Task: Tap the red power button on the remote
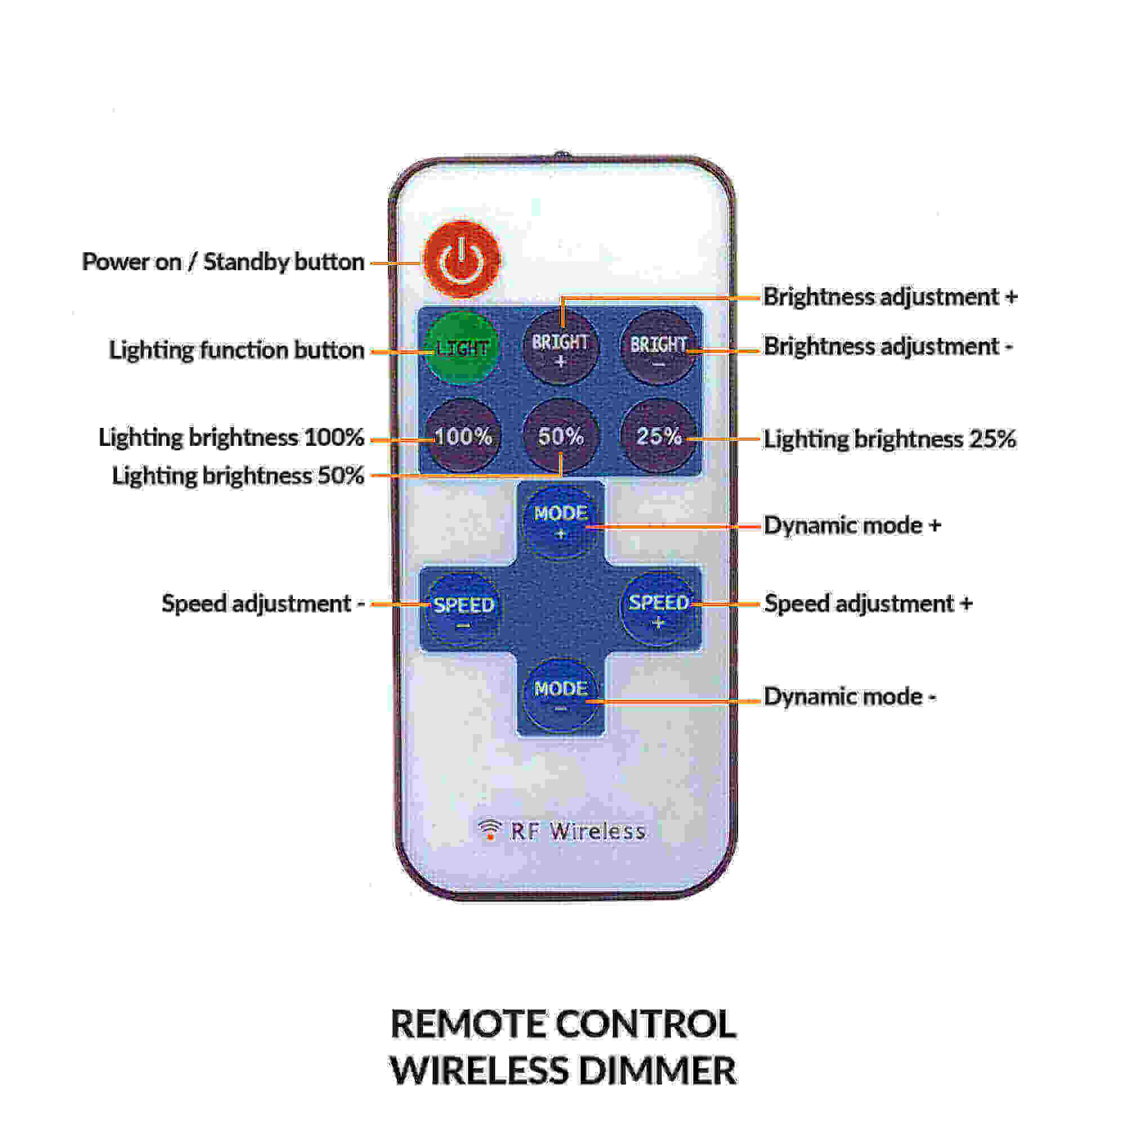pyautogui.click(x=462, y=260)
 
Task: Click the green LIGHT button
pyautogui.click(x=462, y=348)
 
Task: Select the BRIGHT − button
pyautogui.click(x=659, y=348)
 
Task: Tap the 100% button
pyautogui.click(x=463, y=436)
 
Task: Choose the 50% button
pyautogui.click(x=561, y=436)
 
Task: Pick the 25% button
pyautogui.click(x=659, y=436)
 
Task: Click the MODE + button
pyautogui.click(x=561, y=520)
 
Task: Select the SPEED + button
pyautogui.click(x=659, y=608)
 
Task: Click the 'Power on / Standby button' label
pyautogui.click(x=223, y=262)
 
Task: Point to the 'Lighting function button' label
pyautogui.click(x=236, y=350)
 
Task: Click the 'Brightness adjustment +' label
pyautogui.click(x=890, y=297)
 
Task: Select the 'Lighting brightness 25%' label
pyautogui.click(x=890, y=440)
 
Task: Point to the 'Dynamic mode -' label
pyautogui.click(x=850, y=696)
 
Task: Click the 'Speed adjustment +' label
pyautogui.click(x=868, y=604)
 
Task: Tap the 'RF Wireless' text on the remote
pyautogui.click(x=577, y=832)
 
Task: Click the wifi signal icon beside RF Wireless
pyautogui.click(x=490, y=829)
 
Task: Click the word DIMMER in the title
pyautogui.click(x=657, y=1071)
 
